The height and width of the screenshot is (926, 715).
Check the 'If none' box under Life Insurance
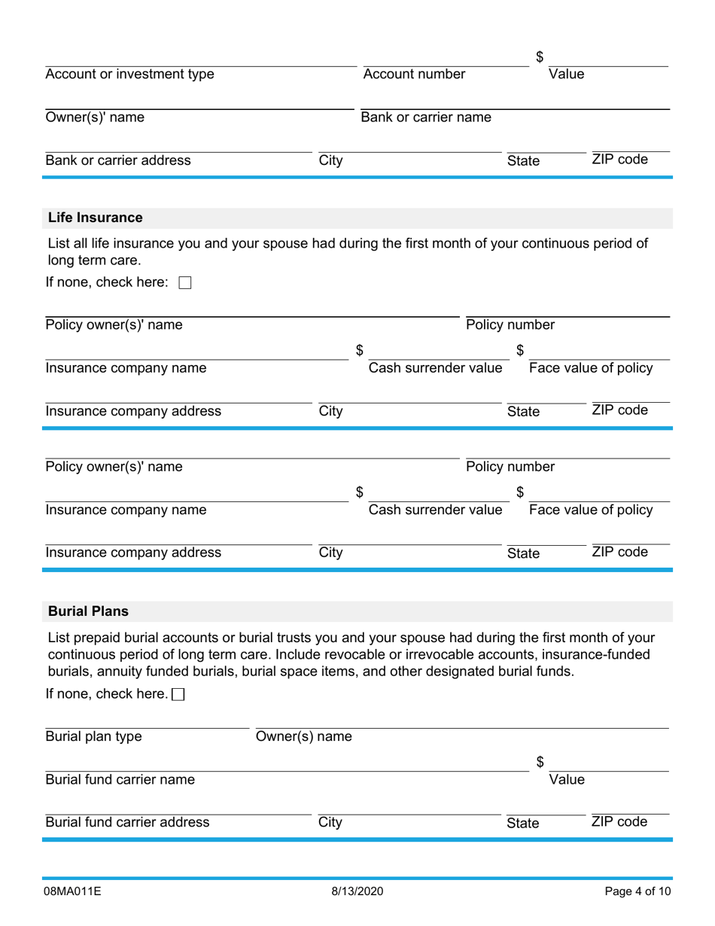click(185, 283)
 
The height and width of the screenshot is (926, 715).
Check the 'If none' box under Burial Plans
click(178, 695)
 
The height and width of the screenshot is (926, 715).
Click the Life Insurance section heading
click(95, 218)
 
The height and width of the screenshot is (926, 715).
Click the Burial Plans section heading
click(88, 611)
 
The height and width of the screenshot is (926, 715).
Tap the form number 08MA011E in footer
click(72, 892)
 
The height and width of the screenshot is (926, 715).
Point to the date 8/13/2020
click(357, 892)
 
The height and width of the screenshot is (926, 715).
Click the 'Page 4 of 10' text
click(637, 892)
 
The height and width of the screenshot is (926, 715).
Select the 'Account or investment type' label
click(129, 74)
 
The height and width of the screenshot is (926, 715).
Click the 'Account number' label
click(414, 74)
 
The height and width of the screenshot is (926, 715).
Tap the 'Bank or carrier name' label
click(426, 117)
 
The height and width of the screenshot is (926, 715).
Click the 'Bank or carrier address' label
click(118, 160)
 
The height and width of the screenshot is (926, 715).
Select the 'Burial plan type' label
click(93, 736)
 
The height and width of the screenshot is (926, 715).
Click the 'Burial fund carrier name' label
click(120, 779)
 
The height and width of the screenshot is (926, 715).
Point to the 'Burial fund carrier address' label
click(127, 822)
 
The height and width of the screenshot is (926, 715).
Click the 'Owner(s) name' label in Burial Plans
click(303, 736)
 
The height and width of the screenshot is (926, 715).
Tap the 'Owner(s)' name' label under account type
click(95, 117)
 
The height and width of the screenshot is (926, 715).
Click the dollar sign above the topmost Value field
click(540, 57)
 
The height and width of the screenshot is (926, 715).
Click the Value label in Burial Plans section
click(566, 779)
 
